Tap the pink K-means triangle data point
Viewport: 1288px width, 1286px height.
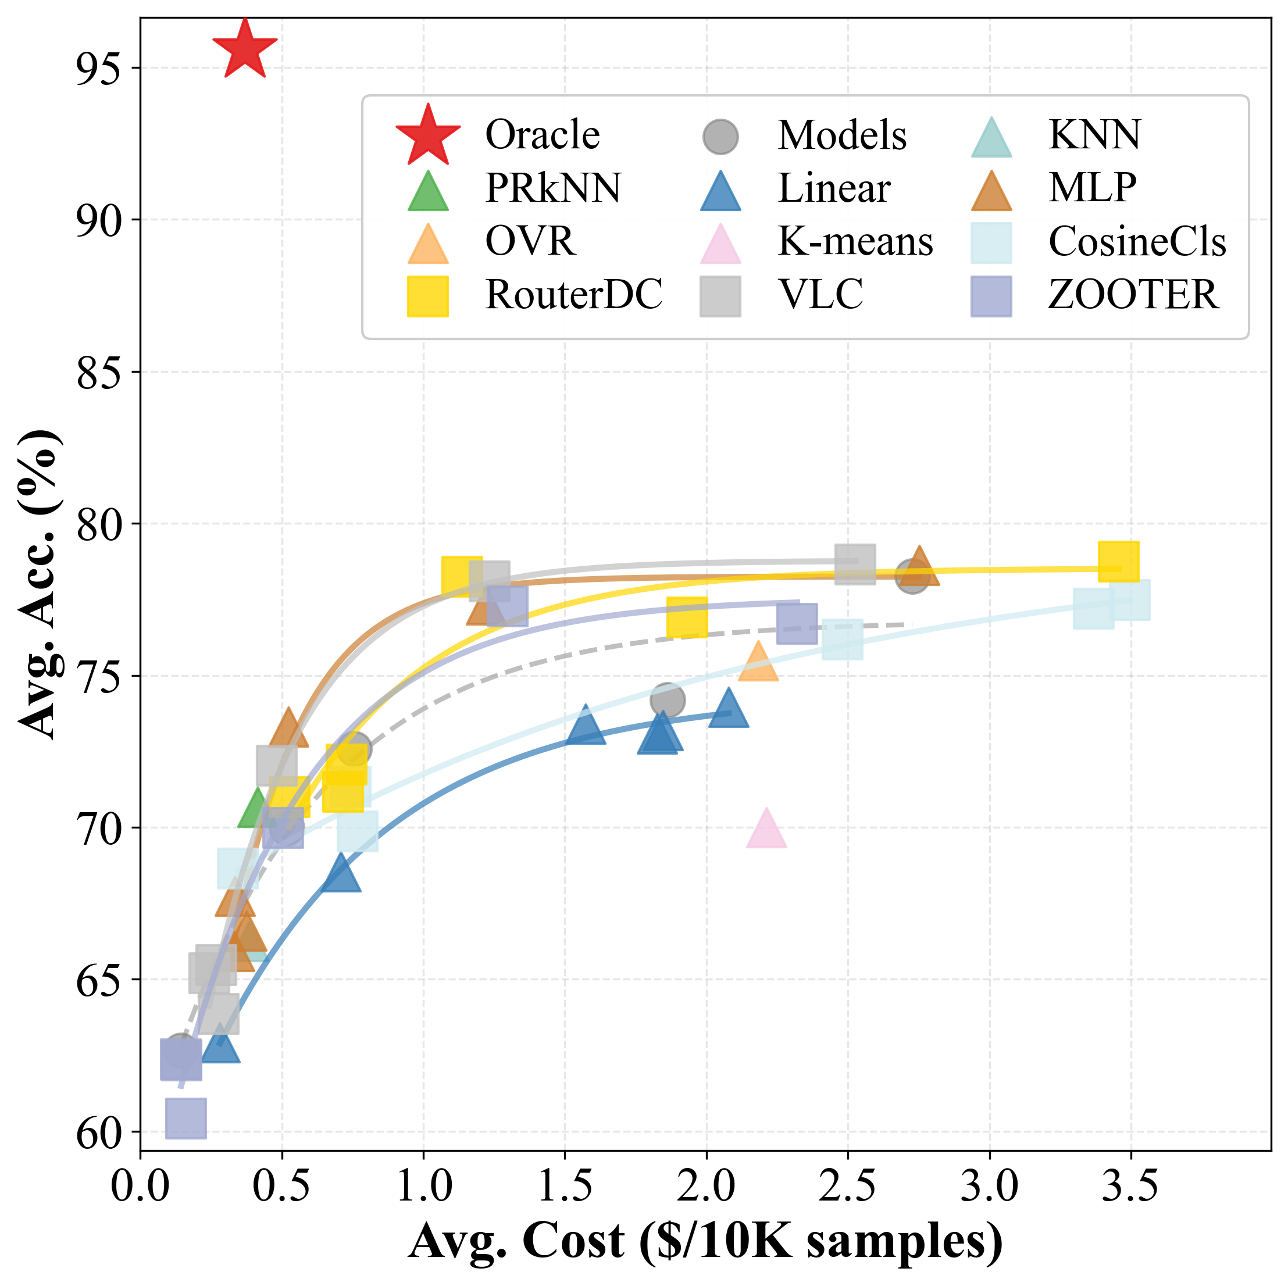766,831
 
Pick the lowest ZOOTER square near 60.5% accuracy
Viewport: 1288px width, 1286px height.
186,1118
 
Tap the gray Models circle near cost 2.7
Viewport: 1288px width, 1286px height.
912,576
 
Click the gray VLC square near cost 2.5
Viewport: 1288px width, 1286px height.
855,563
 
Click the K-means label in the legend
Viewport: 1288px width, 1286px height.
855,241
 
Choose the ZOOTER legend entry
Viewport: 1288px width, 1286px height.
1133,295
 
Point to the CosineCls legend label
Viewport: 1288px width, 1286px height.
1137,241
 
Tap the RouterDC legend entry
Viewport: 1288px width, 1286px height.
573,295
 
